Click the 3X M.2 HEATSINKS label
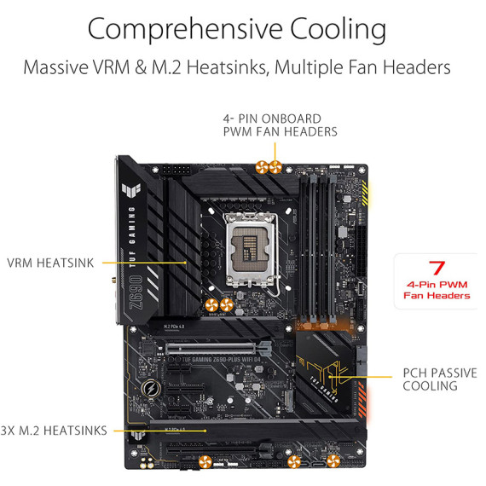coord(55,431)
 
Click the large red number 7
coord(437,268)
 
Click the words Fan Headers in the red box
coord(437,296)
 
